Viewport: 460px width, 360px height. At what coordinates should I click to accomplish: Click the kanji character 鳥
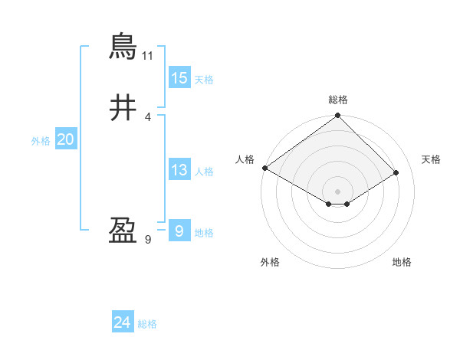click(x=123, y=47)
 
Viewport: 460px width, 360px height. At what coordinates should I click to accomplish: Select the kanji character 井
click(x=123, y=108)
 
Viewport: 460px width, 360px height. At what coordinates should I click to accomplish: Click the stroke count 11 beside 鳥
click(x=148, y=56)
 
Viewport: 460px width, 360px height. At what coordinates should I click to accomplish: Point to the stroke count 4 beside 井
click(x=148, y=116)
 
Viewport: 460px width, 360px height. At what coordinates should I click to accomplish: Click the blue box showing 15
click(x=179, y=78)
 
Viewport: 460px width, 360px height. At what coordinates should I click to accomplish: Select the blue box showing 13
click(x=179, y=170)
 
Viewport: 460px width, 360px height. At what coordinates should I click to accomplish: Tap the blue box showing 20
click(x=65, y=139)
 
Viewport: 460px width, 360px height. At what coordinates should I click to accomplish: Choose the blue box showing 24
click(x=123, y=322)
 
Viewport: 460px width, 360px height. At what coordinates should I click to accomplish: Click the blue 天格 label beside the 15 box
click(x=204, y=80)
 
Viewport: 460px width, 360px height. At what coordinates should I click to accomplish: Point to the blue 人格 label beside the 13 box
click(x=204, y=172)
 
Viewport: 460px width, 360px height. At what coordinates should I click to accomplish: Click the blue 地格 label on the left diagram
click(x=204, y=233)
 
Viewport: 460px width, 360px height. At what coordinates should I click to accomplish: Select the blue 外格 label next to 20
click(x=41, y=141)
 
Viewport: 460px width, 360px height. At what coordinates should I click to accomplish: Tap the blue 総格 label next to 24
click(x=147, y=324)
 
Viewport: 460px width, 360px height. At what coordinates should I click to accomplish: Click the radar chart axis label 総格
click(x=338, y=100)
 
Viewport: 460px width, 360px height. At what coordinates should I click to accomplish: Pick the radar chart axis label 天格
click(x=431, y=159)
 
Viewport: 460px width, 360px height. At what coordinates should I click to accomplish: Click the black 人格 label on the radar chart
click(x=245, y=159)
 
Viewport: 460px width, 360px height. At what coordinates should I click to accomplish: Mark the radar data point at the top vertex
click(x=338, y=116)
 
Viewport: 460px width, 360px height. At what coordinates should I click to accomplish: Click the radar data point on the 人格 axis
click(x=264, y=168)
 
